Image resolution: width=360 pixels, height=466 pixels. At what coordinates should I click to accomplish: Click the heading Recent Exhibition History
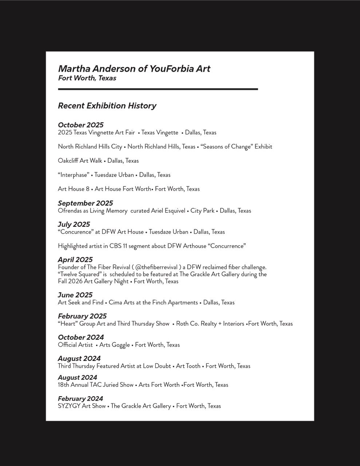(x=107, y=106)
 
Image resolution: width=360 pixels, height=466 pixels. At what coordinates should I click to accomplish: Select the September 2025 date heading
(x=85, y=203)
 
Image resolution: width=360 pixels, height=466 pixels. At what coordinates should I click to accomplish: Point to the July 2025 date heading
(x=74, y=224)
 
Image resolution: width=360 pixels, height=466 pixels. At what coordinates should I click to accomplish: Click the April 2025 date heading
(x=75, y=260)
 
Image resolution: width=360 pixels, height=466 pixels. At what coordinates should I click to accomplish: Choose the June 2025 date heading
(x=75, y=295)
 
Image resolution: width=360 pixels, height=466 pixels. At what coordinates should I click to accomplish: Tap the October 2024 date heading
(x=80, y=337)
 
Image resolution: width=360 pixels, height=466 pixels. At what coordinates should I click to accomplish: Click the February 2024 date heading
(x=80, y=398)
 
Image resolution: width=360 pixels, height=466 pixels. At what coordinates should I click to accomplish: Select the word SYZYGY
(x=69, y=406)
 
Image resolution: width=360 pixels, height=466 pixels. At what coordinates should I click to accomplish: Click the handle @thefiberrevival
(x=157, y=267)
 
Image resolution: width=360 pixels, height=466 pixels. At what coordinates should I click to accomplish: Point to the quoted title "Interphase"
(x=74, y=175)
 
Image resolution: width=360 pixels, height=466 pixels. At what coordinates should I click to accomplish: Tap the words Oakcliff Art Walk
(x=80, y=161)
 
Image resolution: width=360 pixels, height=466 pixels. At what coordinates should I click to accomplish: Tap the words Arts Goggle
(x=114, y=345)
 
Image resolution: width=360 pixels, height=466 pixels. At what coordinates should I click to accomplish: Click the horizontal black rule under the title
(x=158, y=89)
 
